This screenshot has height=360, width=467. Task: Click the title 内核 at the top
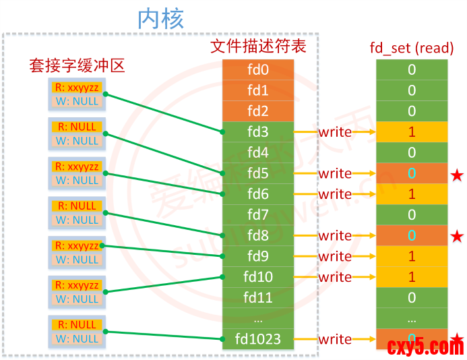coord(160,18)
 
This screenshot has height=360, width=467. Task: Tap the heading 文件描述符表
coord(258,47)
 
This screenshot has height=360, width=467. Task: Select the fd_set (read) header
coord(411,48)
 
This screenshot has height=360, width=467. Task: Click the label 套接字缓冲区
coord(77,65)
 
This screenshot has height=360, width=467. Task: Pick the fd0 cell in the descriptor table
coord(258,69)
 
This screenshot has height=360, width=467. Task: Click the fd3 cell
coord(258,132)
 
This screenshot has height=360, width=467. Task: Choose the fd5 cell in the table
coord(258,173)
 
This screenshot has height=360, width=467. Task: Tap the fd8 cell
coord(258,235)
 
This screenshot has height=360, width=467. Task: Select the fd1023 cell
coord(258,338)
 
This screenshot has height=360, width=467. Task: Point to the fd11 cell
coord(258,297)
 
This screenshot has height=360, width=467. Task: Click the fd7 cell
coord(258,215)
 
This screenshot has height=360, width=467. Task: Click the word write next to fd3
coord(335,132)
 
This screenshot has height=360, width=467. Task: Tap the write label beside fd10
coord(335,277)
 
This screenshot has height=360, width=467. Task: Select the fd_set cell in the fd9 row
coord(412,256)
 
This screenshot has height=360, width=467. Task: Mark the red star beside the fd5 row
coord(457,175)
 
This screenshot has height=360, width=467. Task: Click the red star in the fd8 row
coord(457,237)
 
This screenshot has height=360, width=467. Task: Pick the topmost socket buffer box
coord(77,94)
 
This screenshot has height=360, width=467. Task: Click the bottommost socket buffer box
coord(77,332)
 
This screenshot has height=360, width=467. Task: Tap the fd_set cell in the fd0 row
coord(412,69)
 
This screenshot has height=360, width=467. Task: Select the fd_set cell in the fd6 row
coord(412,194)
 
